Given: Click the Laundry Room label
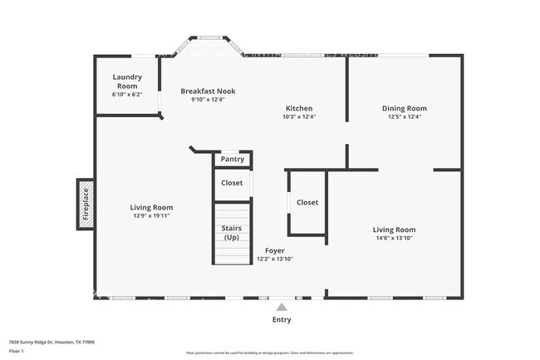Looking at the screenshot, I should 127,81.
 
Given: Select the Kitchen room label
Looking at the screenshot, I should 299,108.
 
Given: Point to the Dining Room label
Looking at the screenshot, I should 405,108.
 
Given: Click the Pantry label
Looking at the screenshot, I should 233,159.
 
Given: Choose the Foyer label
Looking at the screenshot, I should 275,249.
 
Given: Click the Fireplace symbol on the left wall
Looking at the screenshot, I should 85,202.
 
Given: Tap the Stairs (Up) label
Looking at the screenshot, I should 232,233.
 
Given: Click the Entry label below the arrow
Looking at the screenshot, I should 282,319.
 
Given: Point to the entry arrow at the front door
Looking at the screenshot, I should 282,304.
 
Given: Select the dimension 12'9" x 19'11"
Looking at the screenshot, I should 150,216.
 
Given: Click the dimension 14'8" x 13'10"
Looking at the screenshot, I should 394,238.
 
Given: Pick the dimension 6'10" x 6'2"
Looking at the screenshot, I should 127,94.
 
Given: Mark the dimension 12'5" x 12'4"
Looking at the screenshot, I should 405,116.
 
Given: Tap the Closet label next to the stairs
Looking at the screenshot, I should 232,183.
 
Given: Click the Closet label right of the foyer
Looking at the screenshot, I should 307,202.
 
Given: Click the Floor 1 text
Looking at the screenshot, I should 17,352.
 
